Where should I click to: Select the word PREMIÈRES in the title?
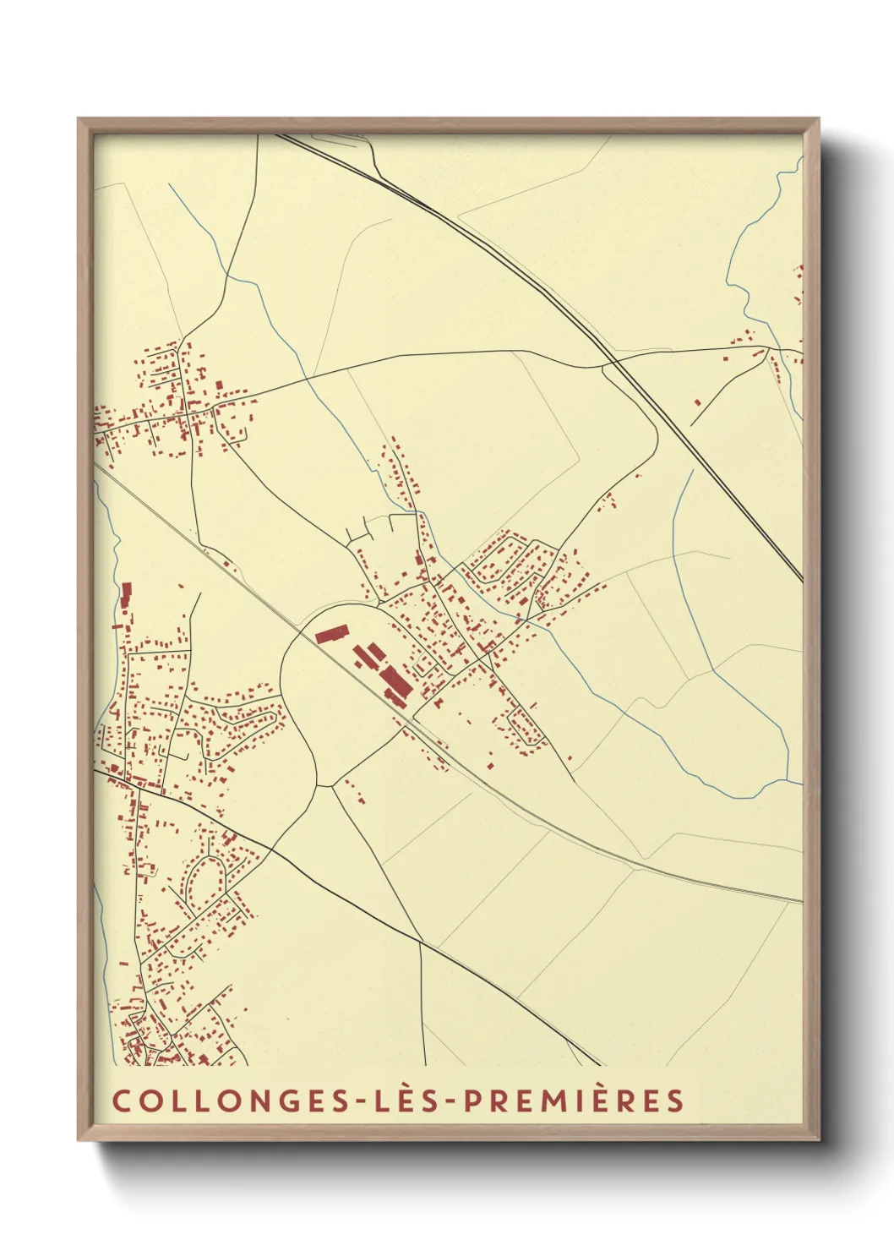(x=574, y=1101)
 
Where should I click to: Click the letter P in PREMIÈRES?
(x=472, y=1101)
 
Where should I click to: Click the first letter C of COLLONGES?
(x=121, y=1101)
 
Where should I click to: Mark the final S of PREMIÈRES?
(x=673, y=1101)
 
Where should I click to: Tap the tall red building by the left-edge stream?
(x=127, y=594)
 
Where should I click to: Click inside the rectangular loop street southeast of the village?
(x=522, y=724)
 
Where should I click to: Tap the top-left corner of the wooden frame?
(x=79, y=119)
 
